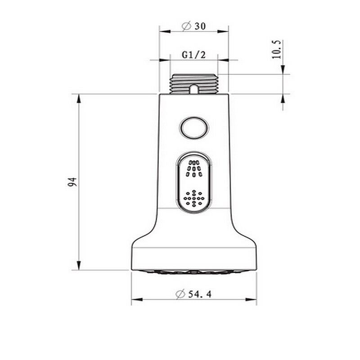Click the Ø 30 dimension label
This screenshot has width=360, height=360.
(x=194, y=26)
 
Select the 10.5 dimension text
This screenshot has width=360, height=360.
(x=277, y=49)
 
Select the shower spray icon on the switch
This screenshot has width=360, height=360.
(x=194, y=168)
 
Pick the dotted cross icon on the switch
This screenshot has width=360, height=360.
(x=194, y=198)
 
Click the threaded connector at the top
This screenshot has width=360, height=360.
(x=194, y=84)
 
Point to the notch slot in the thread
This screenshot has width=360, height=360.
(x=194, y=89)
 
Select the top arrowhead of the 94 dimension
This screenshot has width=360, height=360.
(x=79, y=98)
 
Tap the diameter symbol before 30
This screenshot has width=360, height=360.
(x=186, y=26)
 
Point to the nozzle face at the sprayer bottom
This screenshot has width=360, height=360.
(x=194, y=272)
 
